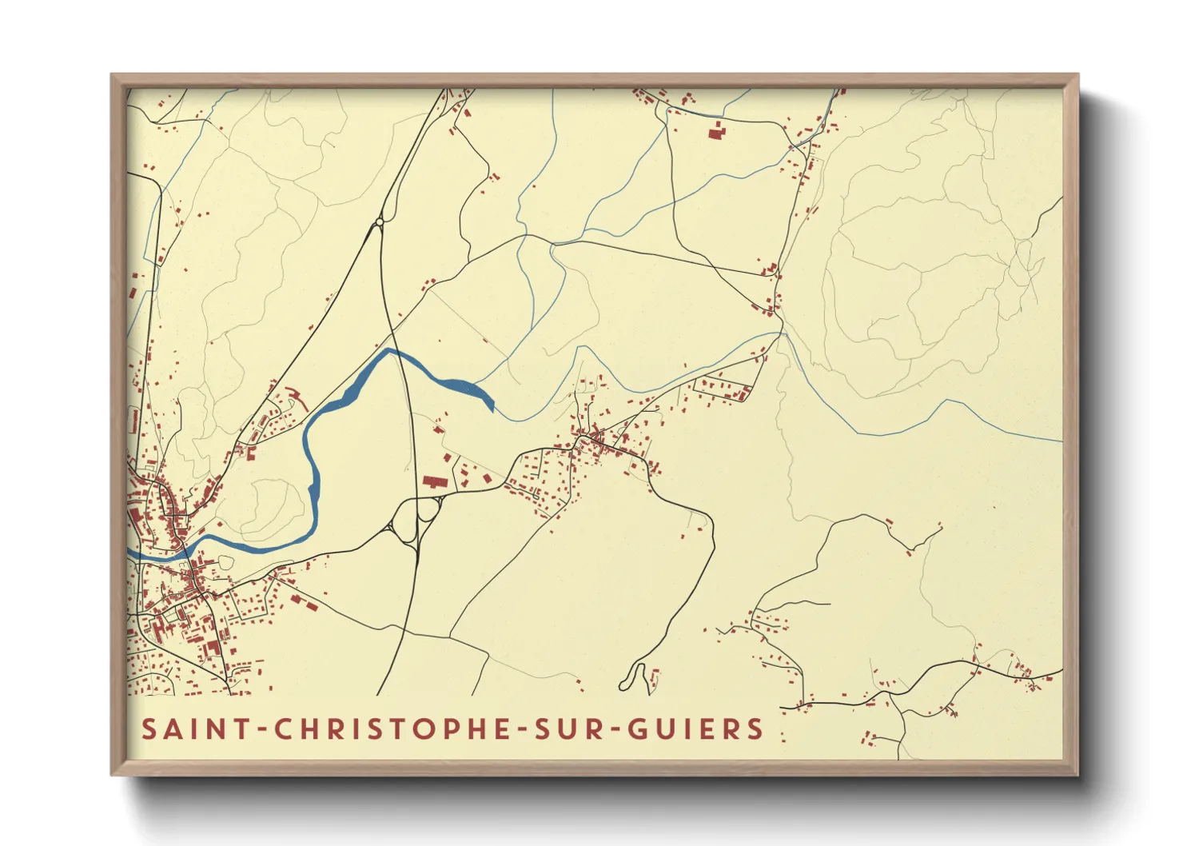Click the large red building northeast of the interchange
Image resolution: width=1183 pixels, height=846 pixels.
[x=434, y=482]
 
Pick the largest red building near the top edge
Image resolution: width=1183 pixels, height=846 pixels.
[x=715, y=131]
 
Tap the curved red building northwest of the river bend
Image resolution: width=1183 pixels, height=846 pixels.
[x=297, y=393]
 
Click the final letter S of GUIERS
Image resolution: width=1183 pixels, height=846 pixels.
[x=753, y=729]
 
